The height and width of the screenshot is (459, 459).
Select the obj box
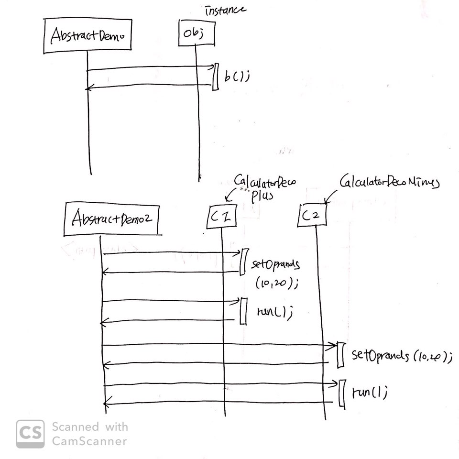coord(195,33)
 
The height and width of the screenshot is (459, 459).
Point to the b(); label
coord(237,76)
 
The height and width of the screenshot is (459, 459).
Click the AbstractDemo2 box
coord(111,219)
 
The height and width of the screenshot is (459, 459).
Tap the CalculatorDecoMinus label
coord(389,182)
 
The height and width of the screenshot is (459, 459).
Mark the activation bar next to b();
coord(215,76)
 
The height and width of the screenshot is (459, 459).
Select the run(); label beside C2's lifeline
coord(369,393)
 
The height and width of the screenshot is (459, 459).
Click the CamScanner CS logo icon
coord(30,434)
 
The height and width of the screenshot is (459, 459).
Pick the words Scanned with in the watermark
coord(90,426)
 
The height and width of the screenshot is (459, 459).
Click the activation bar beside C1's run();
coord(243,311)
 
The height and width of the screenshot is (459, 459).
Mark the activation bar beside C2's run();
coord(341,393)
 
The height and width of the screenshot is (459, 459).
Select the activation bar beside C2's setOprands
coord(340,355)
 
